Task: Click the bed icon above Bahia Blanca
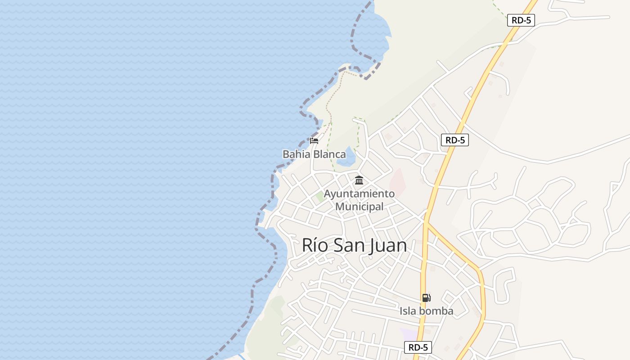point(314,141)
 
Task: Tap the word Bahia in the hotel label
point(297,154)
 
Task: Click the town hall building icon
point(359,180)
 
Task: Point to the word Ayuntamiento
point(359,194)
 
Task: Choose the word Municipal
point(360,207)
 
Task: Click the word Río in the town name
point(313,245)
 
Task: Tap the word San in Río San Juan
point(348,245)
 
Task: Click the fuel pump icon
point(426,297)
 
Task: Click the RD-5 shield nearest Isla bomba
point(418,347)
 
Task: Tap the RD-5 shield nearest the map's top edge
point(521,20)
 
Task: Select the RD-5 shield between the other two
point(455,140)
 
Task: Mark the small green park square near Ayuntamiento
point(320,196)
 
